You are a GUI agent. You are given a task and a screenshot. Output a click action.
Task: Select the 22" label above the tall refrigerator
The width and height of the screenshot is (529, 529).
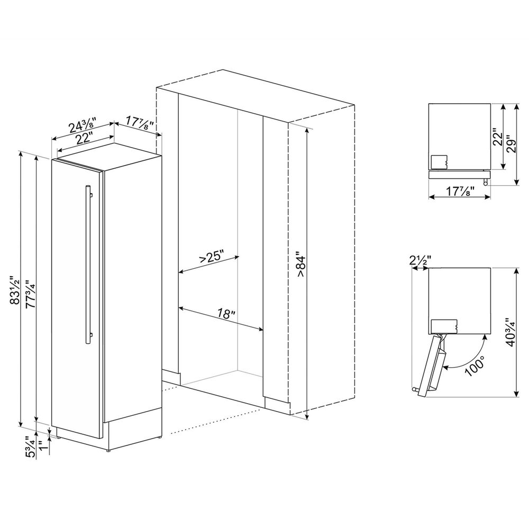[x=84, y=138]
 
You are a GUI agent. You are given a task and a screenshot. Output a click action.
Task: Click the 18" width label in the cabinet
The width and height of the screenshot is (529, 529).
[x=226, y=314]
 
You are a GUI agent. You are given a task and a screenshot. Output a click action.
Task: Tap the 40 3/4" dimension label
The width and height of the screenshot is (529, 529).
[x=510, y=332]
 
